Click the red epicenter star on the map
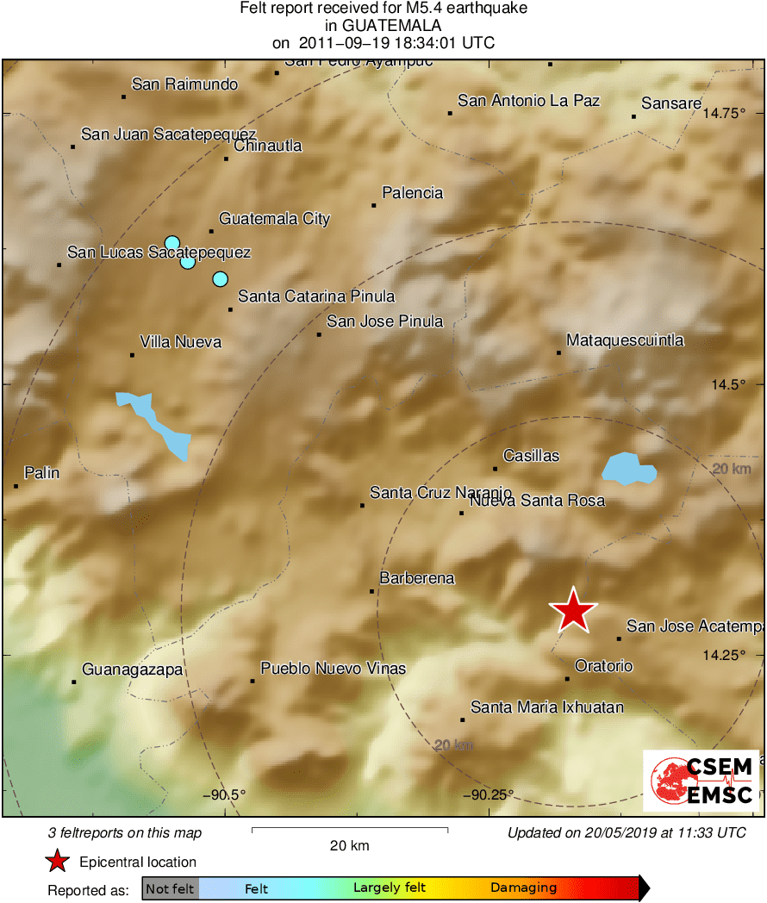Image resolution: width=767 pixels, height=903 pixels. (573, 610)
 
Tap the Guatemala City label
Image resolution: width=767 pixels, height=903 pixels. (274, 219)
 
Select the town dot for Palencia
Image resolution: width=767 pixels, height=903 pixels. (374, 205)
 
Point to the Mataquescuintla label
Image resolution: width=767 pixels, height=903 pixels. (625, 340)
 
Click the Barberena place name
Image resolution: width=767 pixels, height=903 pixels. (417, 578)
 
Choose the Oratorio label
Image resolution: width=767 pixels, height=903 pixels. (603, 666)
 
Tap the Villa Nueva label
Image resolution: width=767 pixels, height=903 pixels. (180, 342)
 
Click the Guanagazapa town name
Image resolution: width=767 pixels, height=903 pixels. (132, 669)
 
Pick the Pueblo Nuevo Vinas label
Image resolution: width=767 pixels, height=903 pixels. (333, 669)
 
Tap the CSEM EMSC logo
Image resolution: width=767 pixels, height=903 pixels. (702, 781)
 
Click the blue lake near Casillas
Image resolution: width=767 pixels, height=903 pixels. (628, 469)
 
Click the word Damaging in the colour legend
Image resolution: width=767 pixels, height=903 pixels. (523, 887)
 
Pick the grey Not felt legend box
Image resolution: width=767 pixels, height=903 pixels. (170, 888)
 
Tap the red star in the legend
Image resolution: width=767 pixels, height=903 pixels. (57, 861)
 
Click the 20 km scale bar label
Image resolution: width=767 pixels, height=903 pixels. (350, 845)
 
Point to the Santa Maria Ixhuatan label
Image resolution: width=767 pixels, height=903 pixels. (546, 707)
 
